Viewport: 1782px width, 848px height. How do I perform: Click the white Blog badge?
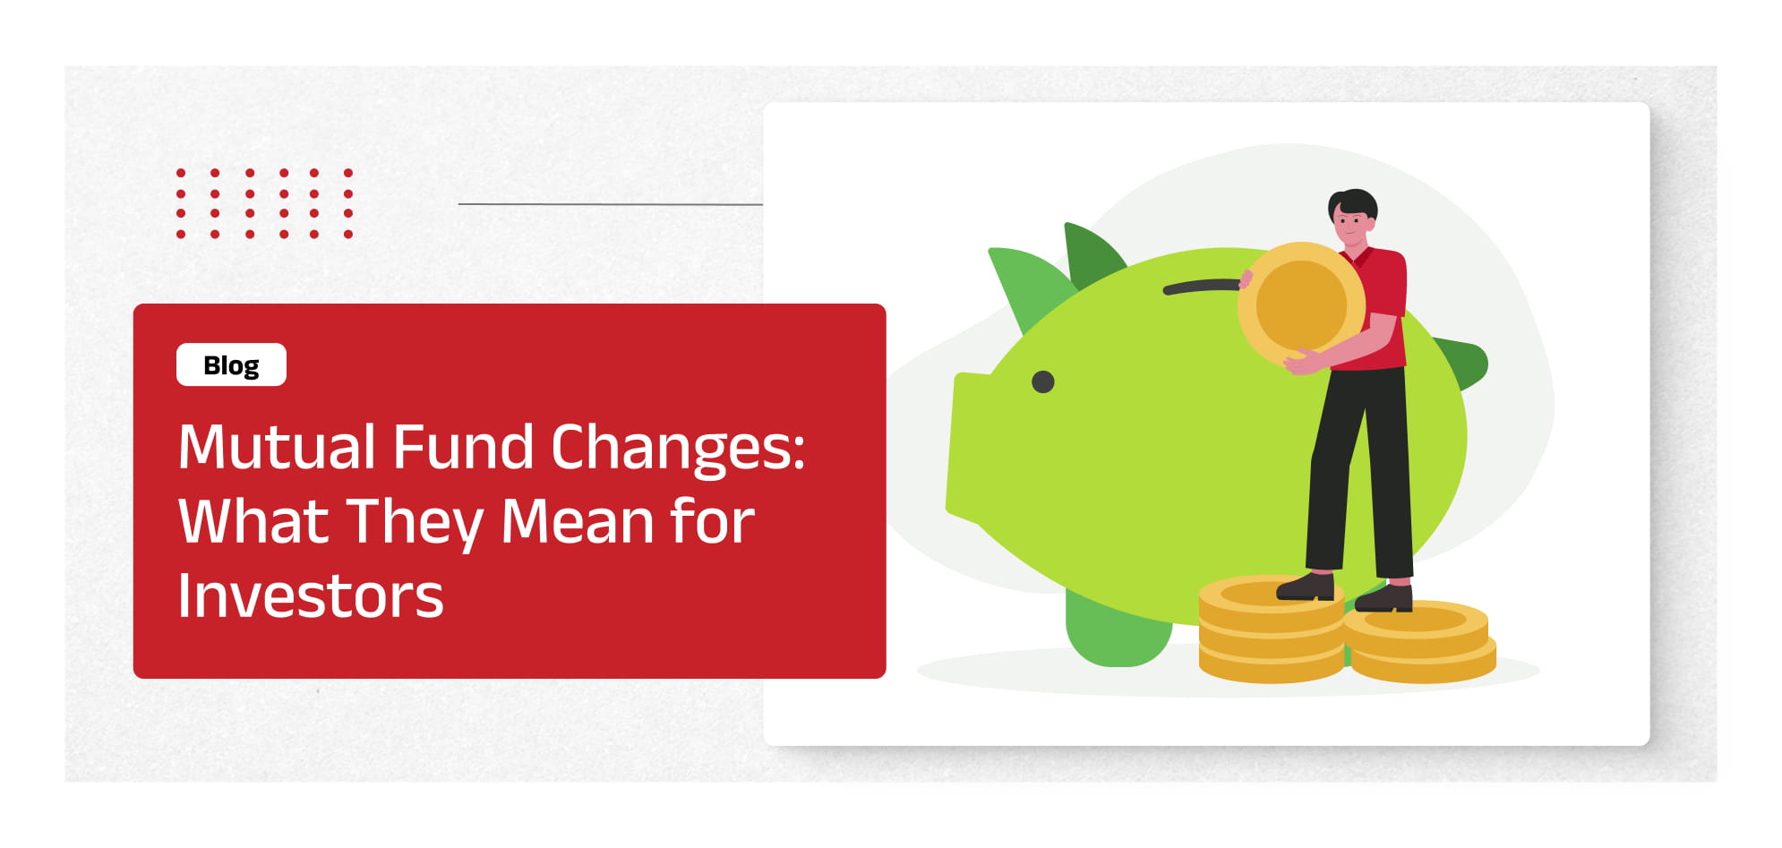point(231,365)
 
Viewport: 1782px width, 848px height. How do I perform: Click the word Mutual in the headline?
point(277,447)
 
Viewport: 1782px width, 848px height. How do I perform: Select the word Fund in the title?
point(463,447)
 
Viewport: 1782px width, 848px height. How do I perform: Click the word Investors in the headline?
point(310,596)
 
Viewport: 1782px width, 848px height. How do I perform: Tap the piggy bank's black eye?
point(1042,382)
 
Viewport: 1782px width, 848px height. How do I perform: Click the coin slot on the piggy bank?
point(1200,287)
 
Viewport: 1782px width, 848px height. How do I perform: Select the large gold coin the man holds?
point(1301,304)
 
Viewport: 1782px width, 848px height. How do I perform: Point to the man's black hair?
point(1354,202)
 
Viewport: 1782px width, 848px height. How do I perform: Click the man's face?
point(1350,224)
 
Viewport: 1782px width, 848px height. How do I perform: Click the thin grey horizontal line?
point(610,204)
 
